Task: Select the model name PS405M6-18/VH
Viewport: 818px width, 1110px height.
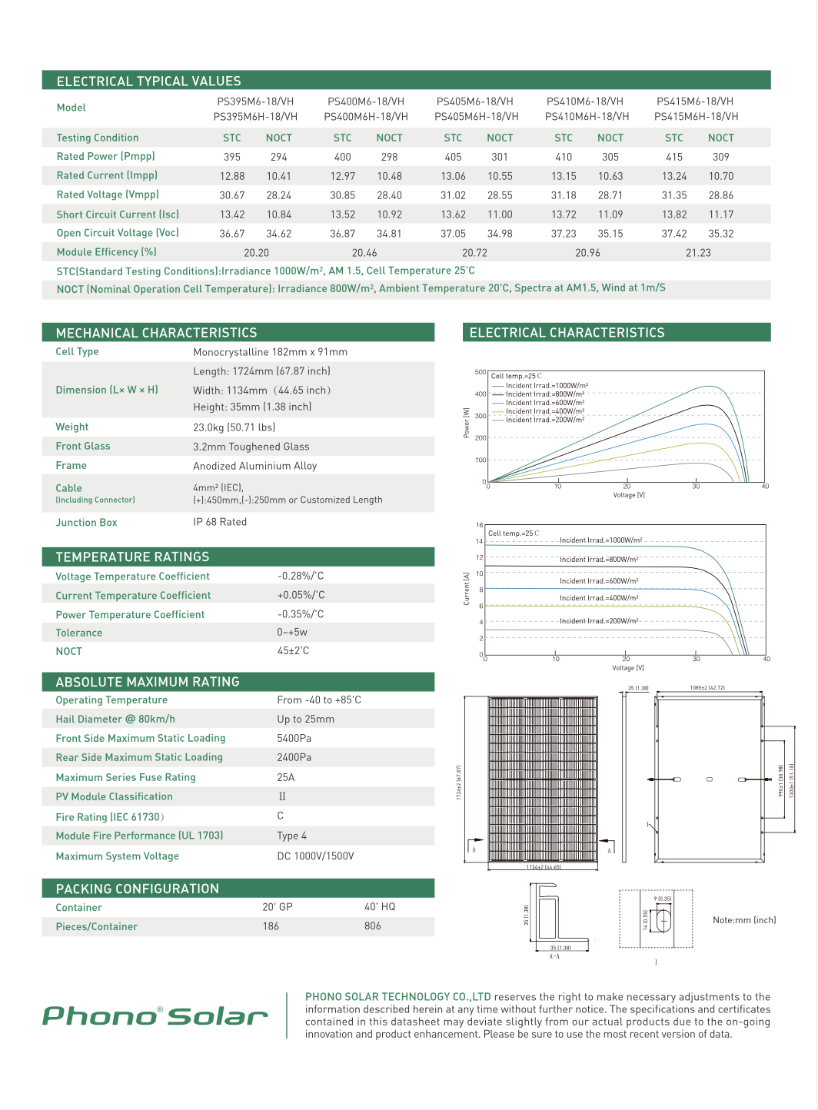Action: (x=474, y=101)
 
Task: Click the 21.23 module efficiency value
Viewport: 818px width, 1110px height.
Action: (x=698, y=253)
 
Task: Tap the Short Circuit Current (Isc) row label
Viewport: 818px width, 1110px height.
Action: (x=118, y=214)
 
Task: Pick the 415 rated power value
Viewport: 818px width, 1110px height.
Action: (x=674, y=157)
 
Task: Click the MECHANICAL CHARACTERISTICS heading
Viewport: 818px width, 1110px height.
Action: (x=157, y=333)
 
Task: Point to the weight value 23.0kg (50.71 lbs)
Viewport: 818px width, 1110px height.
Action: (x=234, y=427)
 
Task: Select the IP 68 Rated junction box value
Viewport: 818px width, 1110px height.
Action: (x=220, y=522)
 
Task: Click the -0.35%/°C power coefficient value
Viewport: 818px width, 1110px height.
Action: (x=301, y=614)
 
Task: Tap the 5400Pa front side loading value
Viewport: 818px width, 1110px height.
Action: (x=294, y=738)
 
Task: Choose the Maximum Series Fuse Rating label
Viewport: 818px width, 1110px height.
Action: (x=125, y=777)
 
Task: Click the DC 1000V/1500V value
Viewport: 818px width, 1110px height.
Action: (x=315, y=856)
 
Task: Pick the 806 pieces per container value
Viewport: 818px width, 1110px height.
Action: (x=373, y=926)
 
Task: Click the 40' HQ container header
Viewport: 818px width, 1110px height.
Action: (x=380, y=907)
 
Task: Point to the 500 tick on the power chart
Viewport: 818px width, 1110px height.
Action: (x=480, y=372)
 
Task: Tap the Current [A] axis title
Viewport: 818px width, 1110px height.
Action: (x=467, y=588)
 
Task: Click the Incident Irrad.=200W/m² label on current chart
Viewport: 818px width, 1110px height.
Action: (x=599, y=621)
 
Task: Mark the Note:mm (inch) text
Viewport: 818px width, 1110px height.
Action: (x=744, y=920)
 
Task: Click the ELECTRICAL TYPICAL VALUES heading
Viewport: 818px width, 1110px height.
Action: (x=149, y=81)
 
